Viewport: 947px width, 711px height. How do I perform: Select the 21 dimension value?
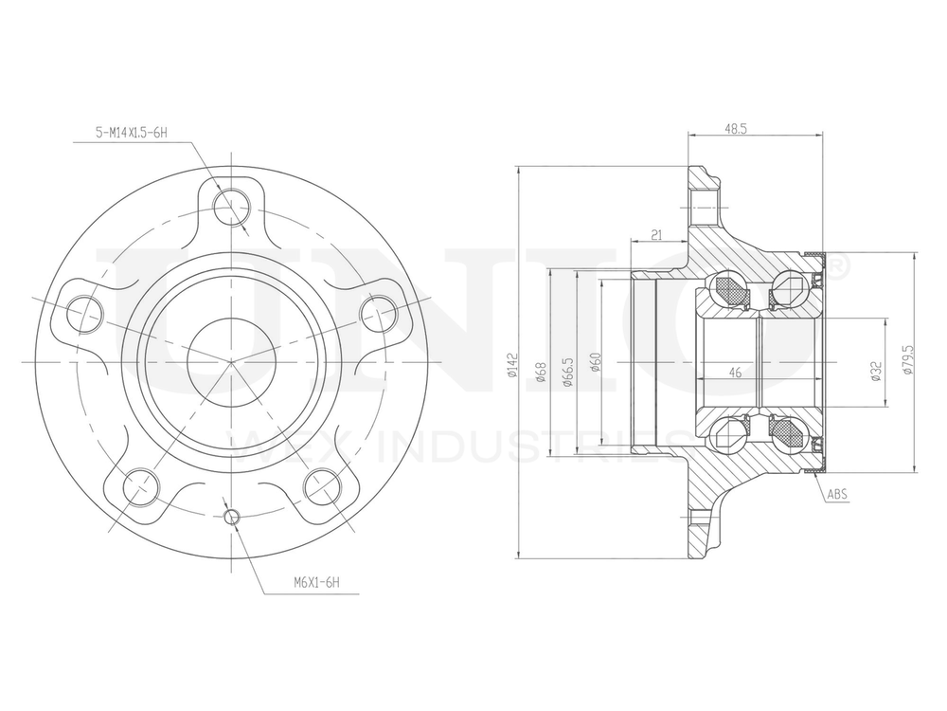656,233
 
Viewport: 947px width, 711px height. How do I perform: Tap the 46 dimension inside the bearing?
734,373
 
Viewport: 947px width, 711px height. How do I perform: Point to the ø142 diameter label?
512,364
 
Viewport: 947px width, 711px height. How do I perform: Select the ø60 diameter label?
596,363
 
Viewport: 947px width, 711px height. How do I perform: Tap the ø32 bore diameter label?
876,370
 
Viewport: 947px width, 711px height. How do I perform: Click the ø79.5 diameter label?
906,361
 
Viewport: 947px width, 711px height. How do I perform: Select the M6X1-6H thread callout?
315,585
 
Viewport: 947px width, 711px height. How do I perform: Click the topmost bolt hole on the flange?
231,208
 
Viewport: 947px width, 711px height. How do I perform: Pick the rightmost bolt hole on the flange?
378,312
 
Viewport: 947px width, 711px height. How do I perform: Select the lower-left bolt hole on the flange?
141,486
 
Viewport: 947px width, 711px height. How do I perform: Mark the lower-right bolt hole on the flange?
321,486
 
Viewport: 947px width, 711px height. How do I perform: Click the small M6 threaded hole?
231,517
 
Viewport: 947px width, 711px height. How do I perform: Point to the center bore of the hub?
231,362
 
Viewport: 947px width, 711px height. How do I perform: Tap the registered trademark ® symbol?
838,271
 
